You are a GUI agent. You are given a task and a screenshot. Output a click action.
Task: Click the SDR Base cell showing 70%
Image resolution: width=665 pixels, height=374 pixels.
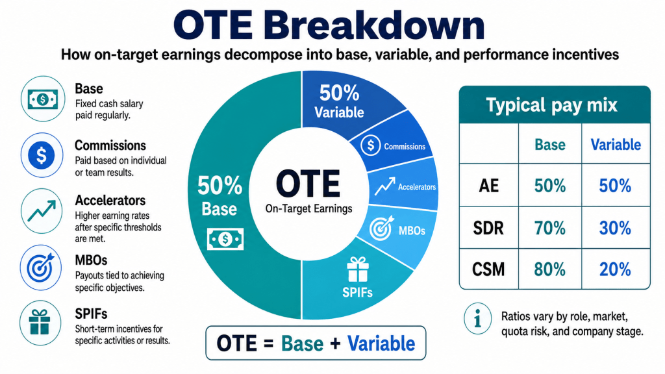click(549, 228)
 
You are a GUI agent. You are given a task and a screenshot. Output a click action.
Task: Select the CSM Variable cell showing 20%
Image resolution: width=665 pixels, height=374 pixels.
click(616, 269)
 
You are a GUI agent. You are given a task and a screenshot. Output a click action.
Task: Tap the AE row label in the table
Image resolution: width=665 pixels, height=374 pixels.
click(489, 186)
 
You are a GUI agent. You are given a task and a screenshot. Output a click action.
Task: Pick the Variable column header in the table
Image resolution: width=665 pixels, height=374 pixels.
click(616, 145)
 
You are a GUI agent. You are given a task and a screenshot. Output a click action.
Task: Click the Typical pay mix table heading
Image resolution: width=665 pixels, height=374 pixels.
click(552, 105)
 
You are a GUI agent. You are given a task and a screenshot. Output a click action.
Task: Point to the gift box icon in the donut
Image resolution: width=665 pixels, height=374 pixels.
click(358, 269)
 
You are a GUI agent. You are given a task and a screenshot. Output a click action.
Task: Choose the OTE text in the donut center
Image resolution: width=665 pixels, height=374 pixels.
click(308, 184)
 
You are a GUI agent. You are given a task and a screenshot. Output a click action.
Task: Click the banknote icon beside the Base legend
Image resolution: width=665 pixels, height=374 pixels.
click(43, 99)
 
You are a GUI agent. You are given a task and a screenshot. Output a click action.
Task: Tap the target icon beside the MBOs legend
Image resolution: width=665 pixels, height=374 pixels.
click(41, 268)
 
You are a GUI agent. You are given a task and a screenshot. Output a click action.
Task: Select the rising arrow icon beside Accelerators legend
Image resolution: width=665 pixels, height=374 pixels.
click(42, 211)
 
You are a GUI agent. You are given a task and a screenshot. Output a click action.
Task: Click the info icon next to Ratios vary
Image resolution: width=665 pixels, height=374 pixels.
click(477, 318)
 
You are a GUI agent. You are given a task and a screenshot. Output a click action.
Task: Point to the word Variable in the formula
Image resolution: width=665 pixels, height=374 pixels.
click(381, 343)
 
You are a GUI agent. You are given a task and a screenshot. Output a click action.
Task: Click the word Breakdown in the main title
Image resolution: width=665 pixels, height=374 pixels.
click(374, 25)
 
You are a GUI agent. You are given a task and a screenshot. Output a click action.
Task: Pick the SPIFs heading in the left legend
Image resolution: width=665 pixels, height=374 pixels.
click(91, 314)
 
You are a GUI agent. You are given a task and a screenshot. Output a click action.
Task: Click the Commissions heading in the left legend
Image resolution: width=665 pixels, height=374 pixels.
click(110, 145)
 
